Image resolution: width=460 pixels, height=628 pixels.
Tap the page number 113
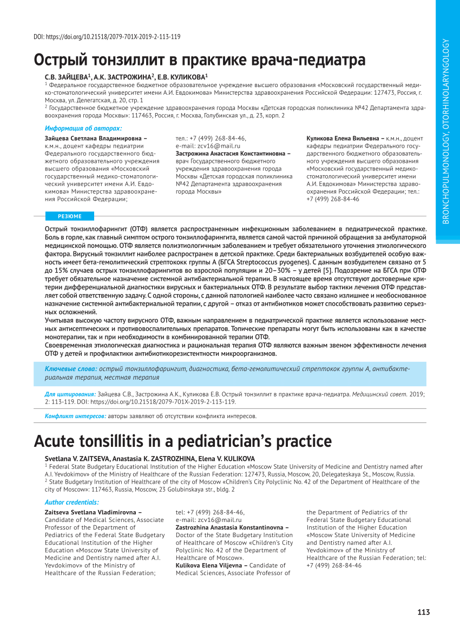[424, 612]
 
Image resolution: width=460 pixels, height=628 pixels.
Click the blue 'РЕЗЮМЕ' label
[70, 216]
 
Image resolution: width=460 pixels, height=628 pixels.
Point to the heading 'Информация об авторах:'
[83, 128]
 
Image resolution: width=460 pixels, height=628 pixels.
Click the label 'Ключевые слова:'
[71, 368]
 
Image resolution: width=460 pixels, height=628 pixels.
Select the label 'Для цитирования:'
[70, 394]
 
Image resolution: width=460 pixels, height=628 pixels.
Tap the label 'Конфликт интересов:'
[75, 416]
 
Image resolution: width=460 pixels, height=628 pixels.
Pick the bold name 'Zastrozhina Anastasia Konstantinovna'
[232, 527]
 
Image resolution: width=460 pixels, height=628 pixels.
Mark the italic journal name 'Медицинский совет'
[379, 394]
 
